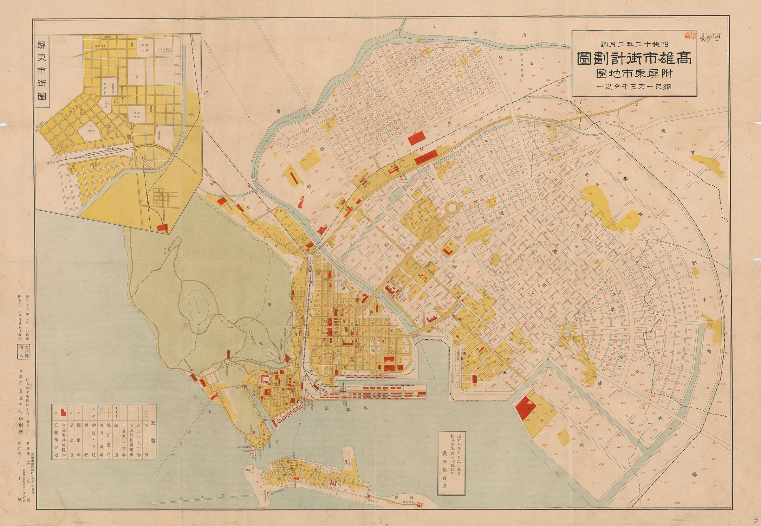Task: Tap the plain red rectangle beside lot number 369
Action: pyautogui.click(x=417, y=138)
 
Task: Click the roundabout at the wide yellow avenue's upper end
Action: pyautogui.click(x=452, y=207)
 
